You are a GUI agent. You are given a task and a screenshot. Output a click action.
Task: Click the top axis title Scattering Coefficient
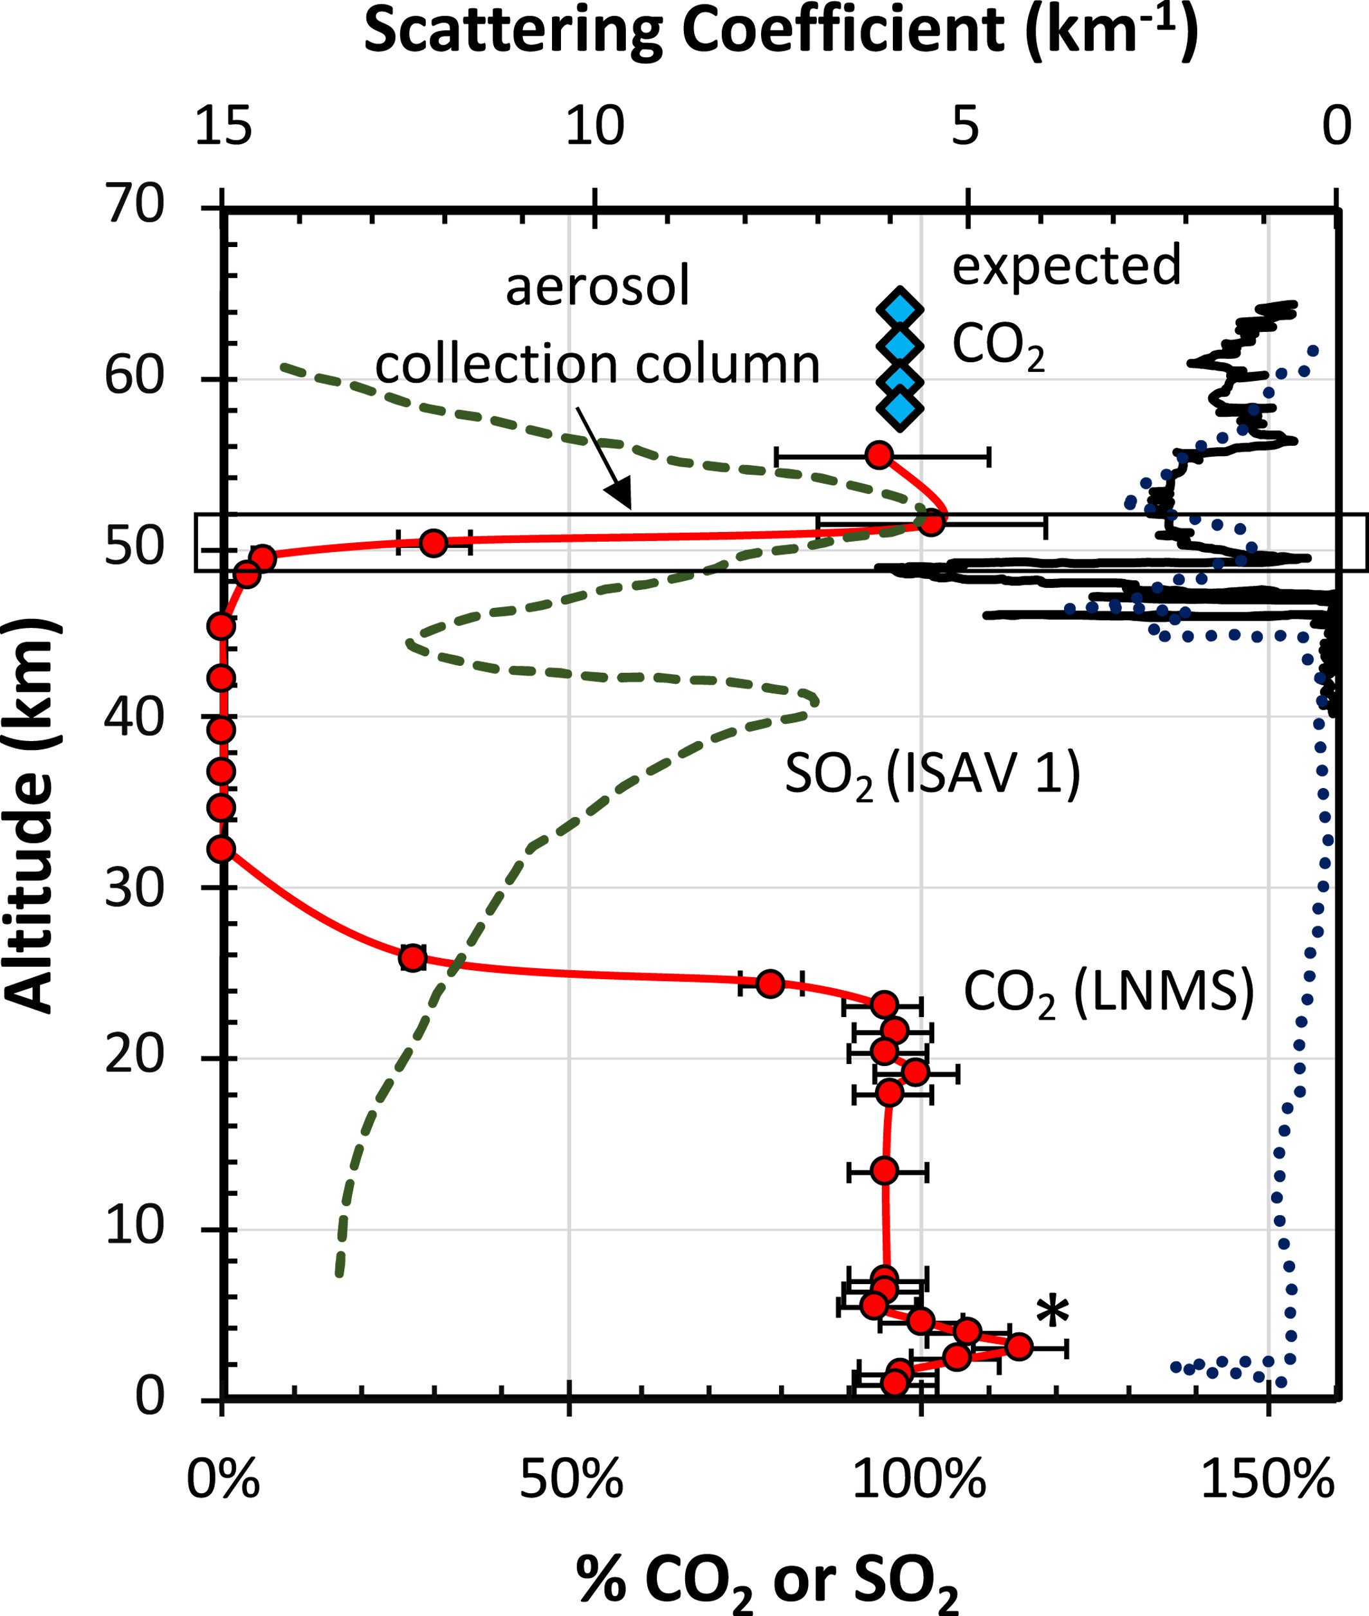780,33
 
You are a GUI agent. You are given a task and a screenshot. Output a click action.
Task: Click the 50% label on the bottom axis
571,1482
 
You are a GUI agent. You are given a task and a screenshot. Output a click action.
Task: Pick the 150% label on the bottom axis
1267,1482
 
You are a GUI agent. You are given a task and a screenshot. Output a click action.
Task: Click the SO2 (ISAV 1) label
932,776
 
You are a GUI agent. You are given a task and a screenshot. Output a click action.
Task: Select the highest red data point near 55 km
879,455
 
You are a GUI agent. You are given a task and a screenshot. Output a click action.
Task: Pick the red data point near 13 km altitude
884,1170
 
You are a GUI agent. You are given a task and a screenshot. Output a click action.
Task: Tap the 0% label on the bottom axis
223,1482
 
